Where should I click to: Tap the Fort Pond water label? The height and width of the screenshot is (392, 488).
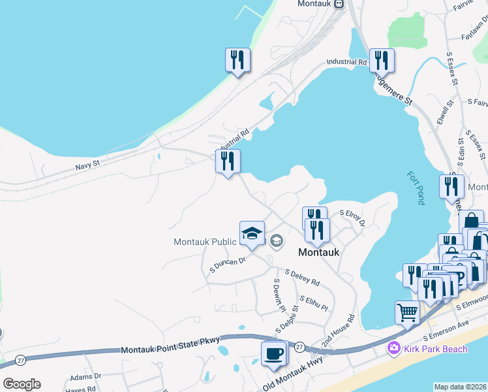point(415,188)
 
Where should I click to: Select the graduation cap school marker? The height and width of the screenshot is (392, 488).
point(251,234)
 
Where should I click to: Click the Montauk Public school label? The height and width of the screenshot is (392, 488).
point(204,242)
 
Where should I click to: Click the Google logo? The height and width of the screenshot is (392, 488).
point(22,384)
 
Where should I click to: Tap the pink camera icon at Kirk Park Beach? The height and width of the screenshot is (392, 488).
point(393,348)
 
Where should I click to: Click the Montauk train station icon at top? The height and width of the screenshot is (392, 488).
point(339,4)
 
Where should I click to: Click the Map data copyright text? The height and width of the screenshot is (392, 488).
point(460,387)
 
